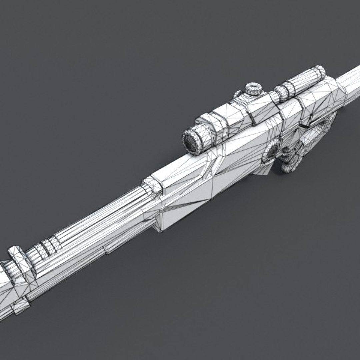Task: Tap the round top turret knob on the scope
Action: click(x=253, y=89)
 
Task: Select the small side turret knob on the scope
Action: click(x=238, y=94)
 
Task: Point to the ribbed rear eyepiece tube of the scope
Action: click(x=302, y=82)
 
